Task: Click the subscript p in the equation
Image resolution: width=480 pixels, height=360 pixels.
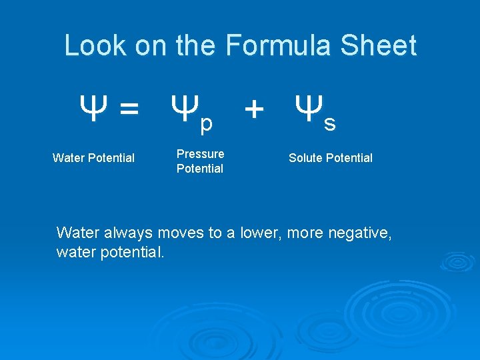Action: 206,123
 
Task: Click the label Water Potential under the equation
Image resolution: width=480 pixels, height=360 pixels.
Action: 93,158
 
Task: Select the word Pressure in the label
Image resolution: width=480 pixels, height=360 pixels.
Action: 200,154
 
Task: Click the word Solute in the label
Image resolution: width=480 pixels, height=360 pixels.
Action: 305,158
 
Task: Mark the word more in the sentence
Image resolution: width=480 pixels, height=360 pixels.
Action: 304,233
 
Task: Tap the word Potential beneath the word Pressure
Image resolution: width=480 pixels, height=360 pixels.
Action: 199,169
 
